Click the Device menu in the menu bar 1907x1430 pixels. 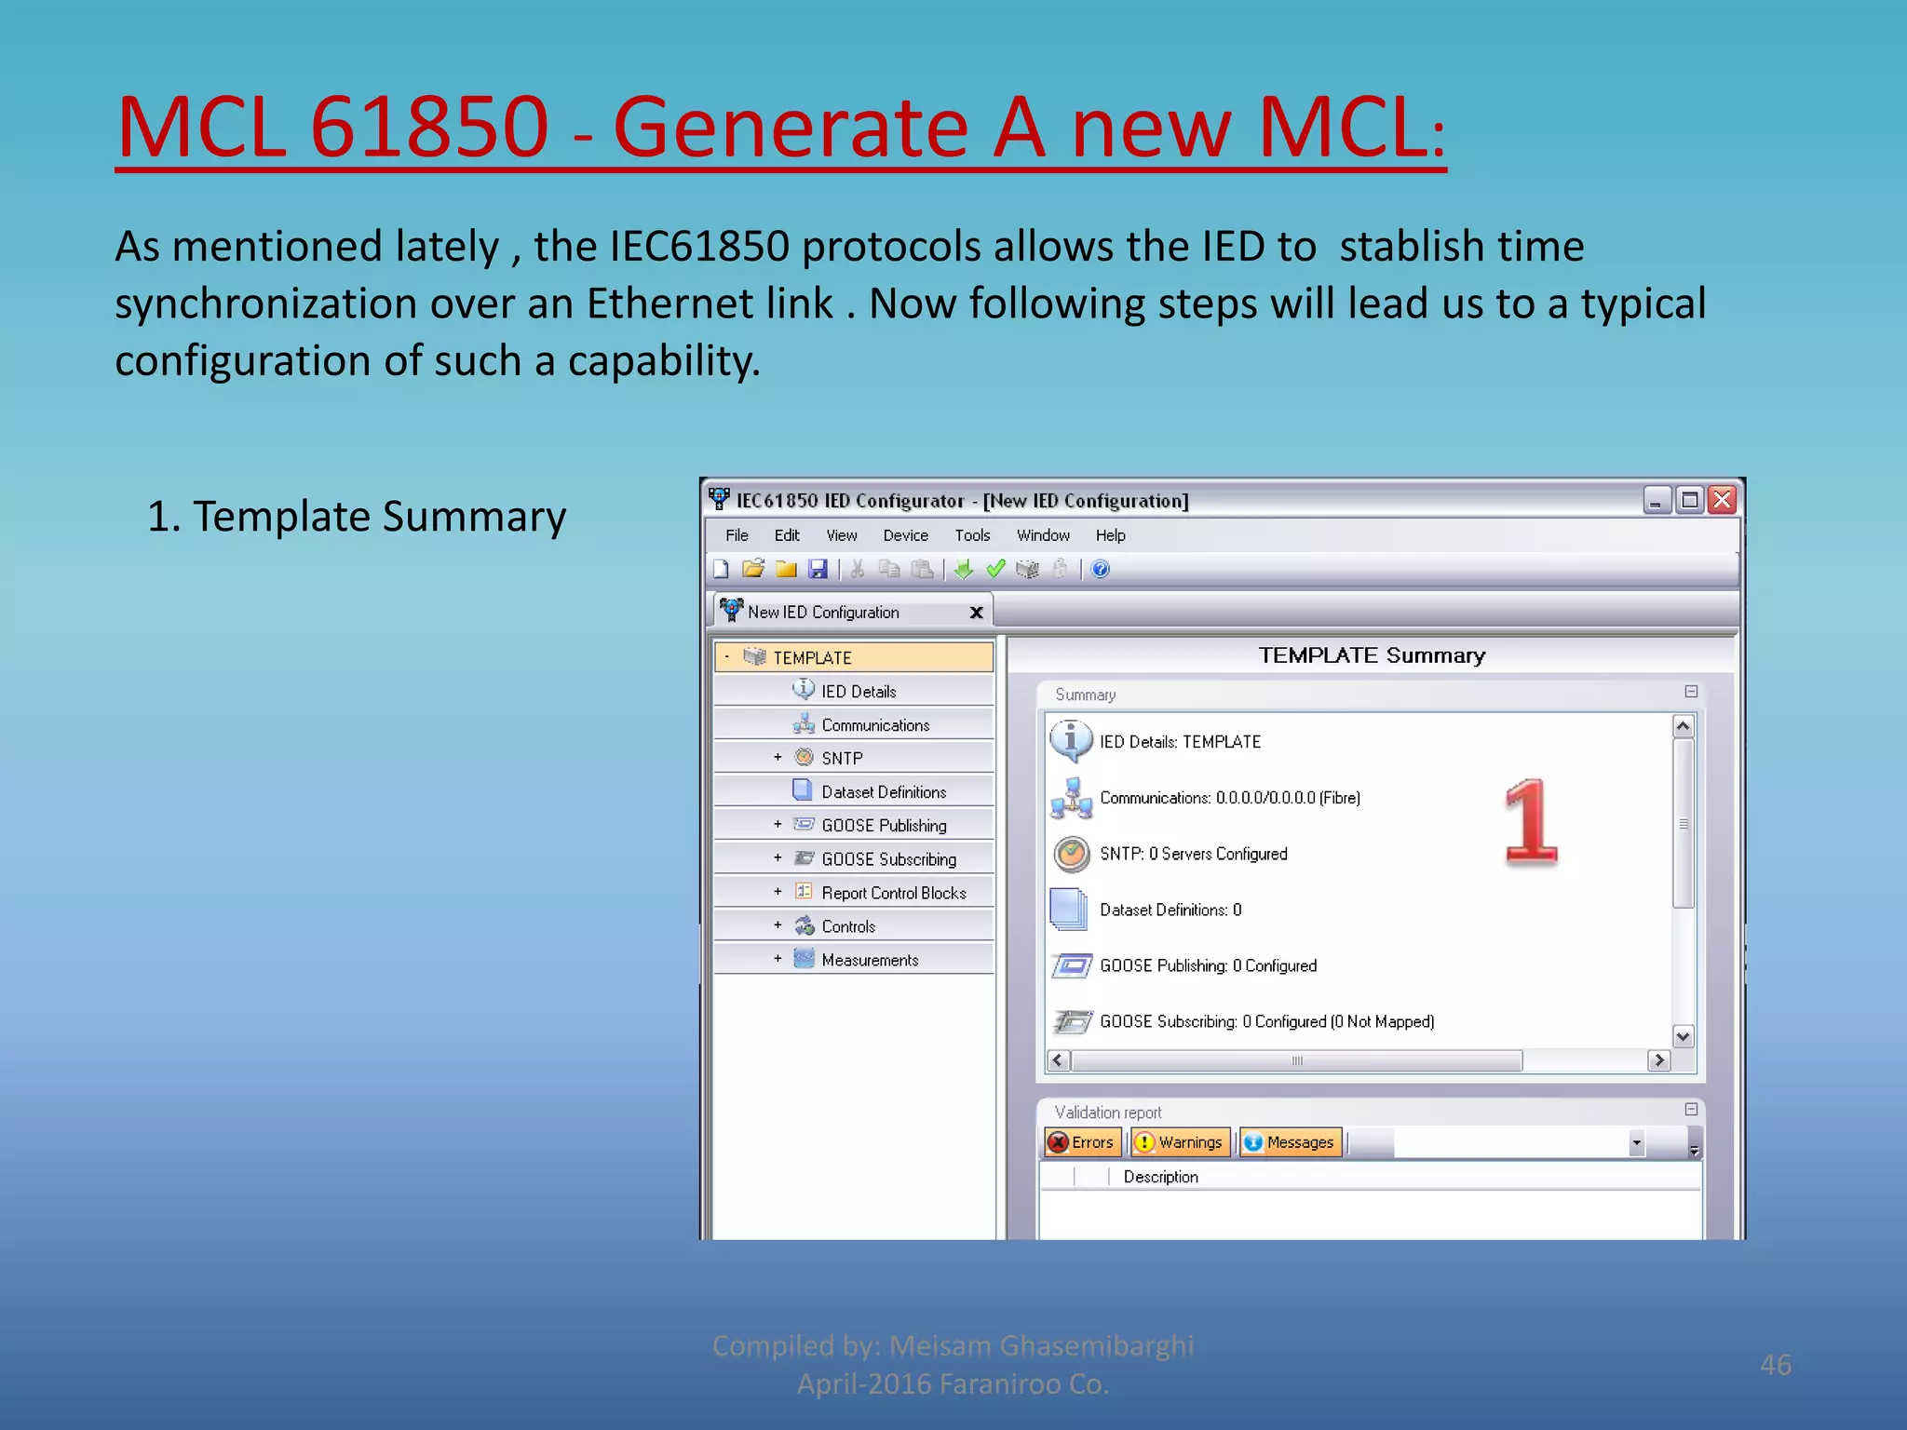click(905, 535)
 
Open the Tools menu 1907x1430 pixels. click(972, 535)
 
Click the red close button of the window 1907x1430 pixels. click(1723, 500)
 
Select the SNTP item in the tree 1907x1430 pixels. click(842, 758)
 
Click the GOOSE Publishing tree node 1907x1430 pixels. click(883, 825)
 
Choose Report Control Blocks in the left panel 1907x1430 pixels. click(893, 893)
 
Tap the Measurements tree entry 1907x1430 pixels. click(869, 960)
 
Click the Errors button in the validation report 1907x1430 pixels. click(1082, 1142)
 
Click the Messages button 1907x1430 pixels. click(1291, 1142)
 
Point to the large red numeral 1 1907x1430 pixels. click(1530, 821)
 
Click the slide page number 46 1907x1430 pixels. click(1775, 1365)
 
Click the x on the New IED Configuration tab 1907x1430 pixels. click(976, 613)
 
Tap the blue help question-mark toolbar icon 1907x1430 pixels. click(1100, 569)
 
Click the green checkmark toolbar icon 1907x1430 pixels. click(995, 569)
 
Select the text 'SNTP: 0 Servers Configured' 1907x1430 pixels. click(1193, 854)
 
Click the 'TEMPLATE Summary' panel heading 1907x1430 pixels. click(1371, 655)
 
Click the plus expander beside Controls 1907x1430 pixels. click(778, 925)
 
